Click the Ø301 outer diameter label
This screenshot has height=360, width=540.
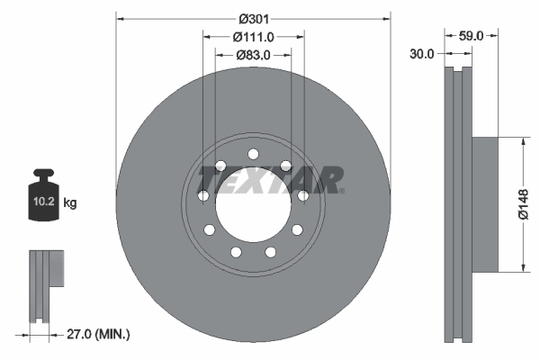[253, 17]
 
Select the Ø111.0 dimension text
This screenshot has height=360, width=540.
[253, 36]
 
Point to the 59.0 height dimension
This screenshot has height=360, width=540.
[472, 36]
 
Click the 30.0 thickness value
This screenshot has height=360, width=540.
[421, 53]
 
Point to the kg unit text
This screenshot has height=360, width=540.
[70, 203]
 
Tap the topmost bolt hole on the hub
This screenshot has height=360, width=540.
[253, 153]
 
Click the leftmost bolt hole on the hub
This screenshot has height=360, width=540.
[202, 195]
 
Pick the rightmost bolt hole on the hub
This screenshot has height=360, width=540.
[303, 195]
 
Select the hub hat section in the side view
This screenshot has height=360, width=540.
[484, 204]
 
